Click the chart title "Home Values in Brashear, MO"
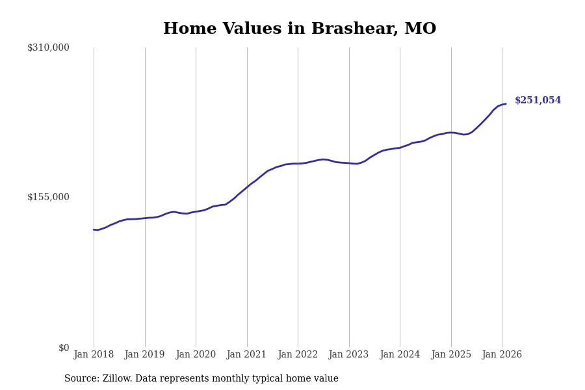300,29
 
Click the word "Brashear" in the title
355,29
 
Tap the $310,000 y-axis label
48,47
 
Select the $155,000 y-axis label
48,197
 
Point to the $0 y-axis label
64,348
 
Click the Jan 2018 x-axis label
94,355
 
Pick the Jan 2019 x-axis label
145,355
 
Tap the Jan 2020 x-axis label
196,355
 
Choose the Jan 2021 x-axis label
247,355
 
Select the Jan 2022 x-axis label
298,355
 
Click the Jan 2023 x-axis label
349,355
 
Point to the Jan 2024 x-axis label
400,355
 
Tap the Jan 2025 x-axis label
451,355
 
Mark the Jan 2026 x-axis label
502,355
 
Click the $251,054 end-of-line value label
538,101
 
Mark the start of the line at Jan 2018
94,229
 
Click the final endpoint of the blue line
506,104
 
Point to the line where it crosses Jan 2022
298,164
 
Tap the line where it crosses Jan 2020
196,212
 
